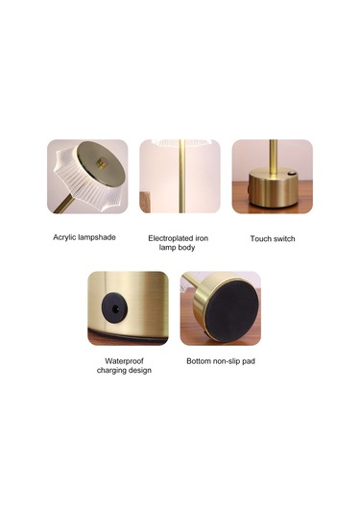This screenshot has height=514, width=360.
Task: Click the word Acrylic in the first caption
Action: (x=63, y=237)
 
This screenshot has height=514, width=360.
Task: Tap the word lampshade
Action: (x=96, y=237)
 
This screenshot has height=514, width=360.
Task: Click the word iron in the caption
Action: (x=202, y=238)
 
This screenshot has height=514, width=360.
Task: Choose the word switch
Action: (x=284, y=238)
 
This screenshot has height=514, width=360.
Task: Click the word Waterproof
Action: (x=124, y=361)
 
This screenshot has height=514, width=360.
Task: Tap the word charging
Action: (x=111, y=371)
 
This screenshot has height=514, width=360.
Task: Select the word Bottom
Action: (x=199, y=361)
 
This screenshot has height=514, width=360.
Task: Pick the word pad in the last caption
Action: (x=250, y=361)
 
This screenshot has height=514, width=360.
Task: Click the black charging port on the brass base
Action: (x=114, y=307)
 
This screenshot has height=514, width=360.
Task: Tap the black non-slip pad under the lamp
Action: (x=232, y=308)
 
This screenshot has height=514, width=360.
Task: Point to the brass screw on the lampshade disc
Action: (x=102, y=162)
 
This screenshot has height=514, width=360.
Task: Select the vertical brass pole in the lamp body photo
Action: (x=181, y=176)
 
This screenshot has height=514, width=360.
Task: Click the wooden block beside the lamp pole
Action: (x=145, y=202)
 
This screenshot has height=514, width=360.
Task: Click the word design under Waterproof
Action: (x=139, y=371)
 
